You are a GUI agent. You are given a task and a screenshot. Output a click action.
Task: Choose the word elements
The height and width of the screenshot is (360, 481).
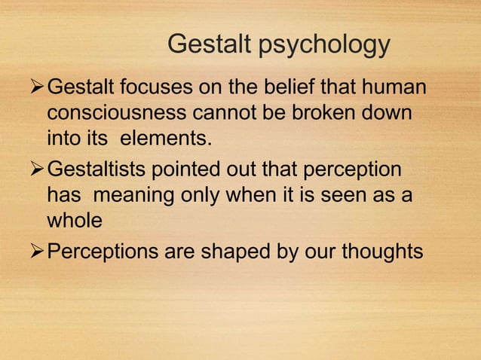click(167, 139)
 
